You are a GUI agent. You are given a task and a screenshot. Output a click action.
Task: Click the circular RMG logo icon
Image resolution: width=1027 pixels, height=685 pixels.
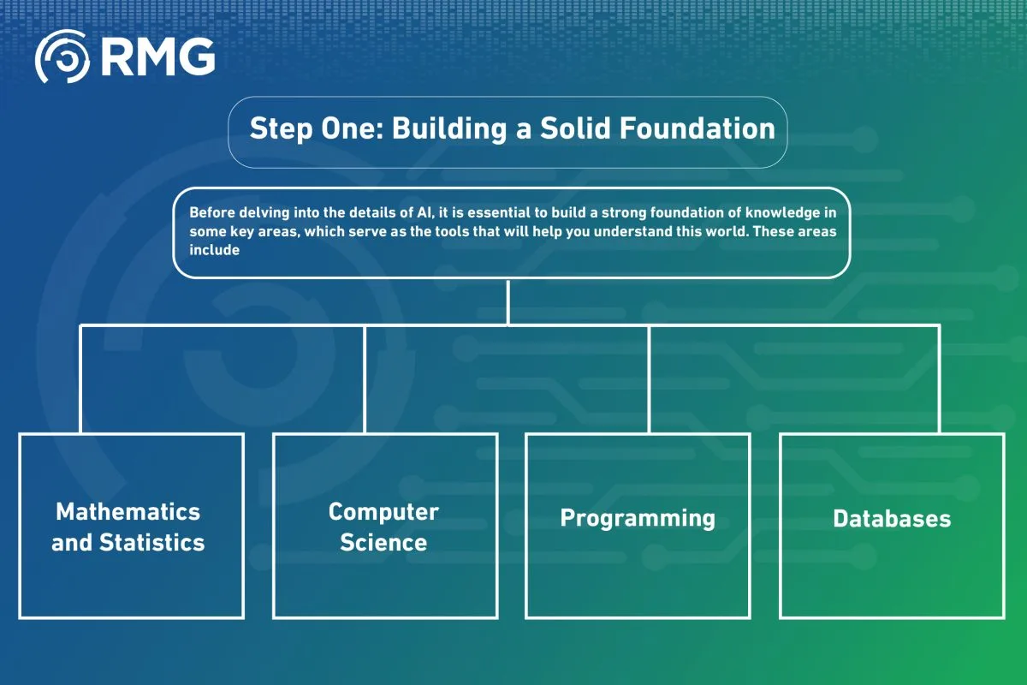click(x=62, y=57)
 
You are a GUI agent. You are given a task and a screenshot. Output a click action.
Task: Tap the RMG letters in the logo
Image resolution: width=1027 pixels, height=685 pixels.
click(x=158, y=57)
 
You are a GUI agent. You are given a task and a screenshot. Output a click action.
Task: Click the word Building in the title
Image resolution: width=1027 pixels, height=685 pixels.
click(x=449, y=129)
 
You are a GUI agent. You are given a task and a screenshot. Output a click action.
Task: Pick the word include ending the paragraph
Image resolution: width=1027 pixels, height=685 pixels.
click(x=215, y=250)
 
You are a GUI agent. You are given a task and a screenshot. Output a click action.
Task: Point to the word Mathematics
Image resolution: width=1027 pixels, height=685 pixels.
click(x=128, y=511)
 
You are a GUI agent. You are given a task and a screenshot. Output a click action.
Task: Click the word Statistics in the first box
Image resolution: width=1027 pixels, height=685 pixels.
click(x=152, y=542)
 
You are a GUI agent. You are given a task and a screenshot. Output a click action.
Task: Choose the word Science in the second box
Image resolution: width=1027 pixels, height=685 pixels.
click(x=383, y=542)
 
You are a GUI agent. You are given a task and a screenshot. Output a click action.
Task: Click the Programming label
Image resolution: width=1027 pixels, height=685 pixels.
click(x=638, y=519)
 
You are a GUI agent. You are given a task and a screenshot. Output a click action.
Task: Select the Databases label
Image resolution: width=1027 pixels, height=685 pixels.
click(x=892, y=519)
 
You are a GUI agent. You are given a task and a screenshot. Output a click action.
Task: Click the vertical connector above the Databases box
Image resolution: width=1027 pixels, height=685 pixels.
click(x=939, y=379)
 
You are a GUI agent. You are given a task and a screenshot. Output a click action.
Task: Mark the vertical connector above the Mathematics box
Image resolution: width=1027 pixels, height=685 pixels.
click(x=80, y=379)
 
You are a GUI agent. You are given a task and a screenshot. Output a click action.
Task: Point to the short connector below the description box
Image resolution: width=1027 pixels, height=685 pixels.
click(x=508, y=302)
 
